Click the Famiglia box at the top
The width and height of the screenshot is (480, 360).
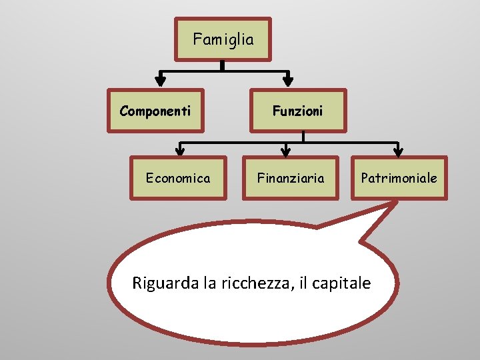tap(223, 39)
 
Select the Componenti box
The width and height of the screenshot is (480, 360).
tap(155, 111)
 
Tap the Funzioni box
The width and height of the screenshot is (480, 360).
tap(297, 111)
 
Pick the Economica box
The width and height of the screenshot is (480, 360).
tap(178, 178)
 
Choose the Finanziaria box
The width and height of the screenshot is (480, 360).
tap(291, 178)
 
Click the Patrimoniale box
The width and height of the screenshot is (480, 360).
tap(399, 178)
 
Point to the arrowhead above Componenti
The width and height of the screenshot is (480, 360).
tap(160, 80)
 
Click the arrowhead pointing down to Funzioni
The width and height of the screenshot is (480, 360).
tap(287, 80)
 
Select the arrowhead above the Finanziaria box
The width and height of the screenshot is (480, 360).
tap(285, 149)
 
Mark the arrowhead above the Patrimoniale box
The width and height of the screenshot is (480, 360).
tap(397, 149)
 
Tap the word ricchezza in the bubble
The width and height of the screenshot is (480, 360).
tap(257, 283)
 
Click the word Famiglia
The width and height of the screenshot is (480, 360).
tap(223, 39)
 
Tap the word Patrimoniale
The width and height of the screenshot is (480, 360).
tap(399, 178)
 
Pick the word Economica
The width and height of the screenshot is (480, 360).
tap(178, 178)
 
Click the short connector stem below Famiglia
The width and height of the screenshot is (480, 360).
tap(223, 65)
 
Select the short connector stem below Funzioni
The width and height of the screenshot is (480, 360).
tap(303, 136)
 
